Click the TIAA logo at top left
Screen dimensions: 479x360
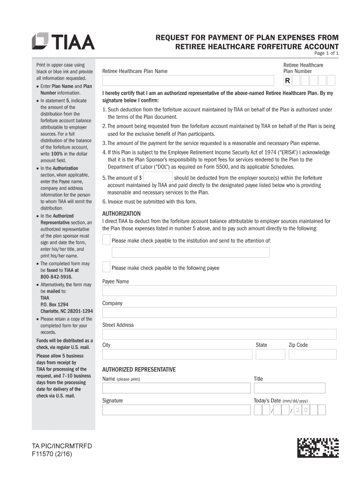(x=63, y=42)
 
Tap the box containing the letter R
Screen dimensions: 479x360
(x=288, y=81)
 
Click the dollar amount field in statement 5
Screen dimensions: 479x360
(x=158, y=177)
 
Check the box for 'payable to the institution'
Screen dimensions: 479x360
(x=106, y=240)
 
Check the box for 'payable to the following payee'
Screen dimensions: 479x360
(x=106, y=268)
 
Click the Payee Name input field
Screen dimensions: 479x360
(x=219, y=291)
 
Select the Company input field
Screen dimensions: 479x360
(x=219, y=312)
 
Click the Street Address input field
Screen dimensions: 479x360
(x=219, y=334)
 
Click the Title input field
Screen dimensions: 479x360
(x=289, y=388)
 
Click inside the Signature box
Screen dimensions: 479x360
(x=176, y=410)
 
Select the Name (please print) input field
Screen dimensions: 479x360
(x=176, y=388)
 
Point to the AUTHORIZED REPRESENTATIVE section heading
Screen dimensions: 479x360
(x=139, y=370)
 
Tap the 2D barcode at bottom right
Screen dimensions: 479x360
(x=318, y=447)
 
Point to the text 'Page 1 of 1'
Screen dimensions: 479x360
(x=326, y=53)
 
